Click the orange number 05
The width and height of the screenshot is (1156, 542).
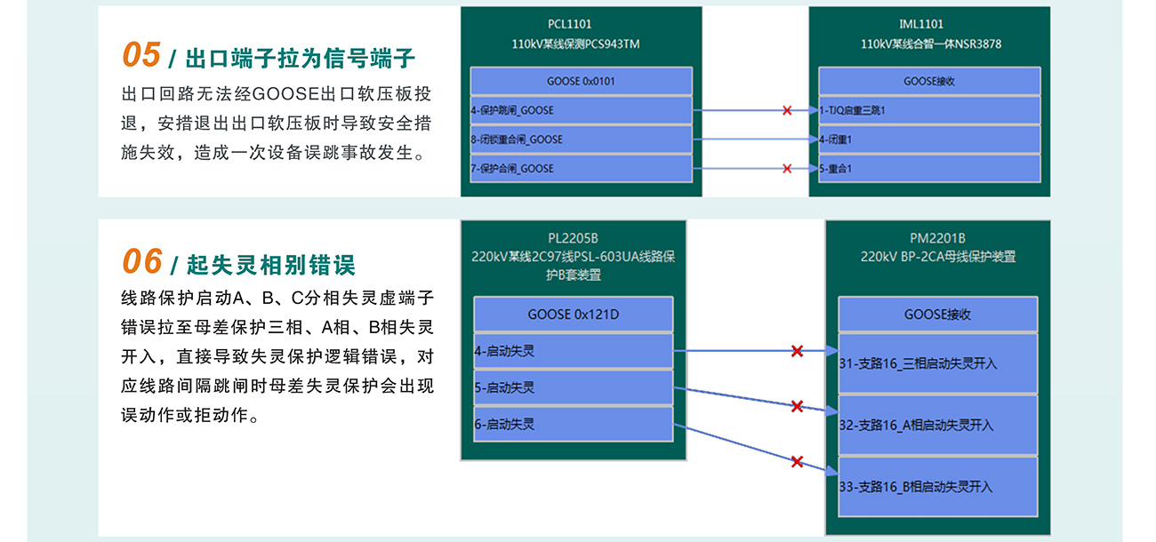click(x=140, y=55)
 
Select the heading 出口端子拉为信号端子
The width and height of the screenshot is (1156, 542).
click(x=301, y=60)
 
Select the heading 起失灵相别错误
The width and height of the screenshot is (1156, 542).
click(x=270, y=265)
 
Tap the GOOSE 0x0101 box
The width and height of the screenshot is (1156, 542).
click(x=581, y=81)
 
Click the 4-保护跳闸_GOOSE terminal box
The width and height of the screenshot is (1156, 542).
click(x=581, y=110)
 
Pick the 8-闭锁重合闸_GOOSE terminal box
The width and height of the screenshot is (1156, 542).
click(x=581, y=139)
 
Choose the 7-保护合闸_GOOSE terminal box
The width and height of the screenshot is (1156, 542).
click(x=581, y=168)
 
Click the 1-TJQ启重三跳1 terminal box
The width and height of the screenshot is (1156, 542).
click(x=928, y=110)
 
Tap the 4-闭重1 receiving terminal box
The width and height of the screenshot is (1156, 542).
click(x=928, y=139)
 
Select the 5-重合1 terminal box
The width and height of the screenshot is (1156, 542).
click(x=928, y=168)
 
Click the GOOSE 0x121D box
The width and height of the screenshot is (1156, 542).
click(x=573, y=315)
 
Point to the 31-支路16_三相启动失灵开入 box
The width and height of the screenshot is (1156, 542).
click(x=937, y=363)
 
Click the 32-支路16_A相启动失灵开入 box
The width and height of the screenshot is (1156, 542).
click(x=937, y=425)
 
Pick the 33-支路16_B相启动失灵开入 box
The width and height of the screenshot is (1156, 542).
click(x=937, y=486)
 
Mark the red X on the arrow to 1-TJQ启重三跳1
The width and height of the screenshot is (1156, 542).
click(x=787, y=110)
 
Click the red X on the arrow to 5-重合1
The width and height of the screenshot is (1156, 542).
click(x=787, y=168)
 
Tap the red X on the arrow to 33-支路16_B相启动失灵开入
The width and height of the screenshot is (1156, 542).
click(x=797, y=461)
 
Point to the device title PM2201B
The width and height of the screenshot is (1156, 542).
click(x=937, y=238)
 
